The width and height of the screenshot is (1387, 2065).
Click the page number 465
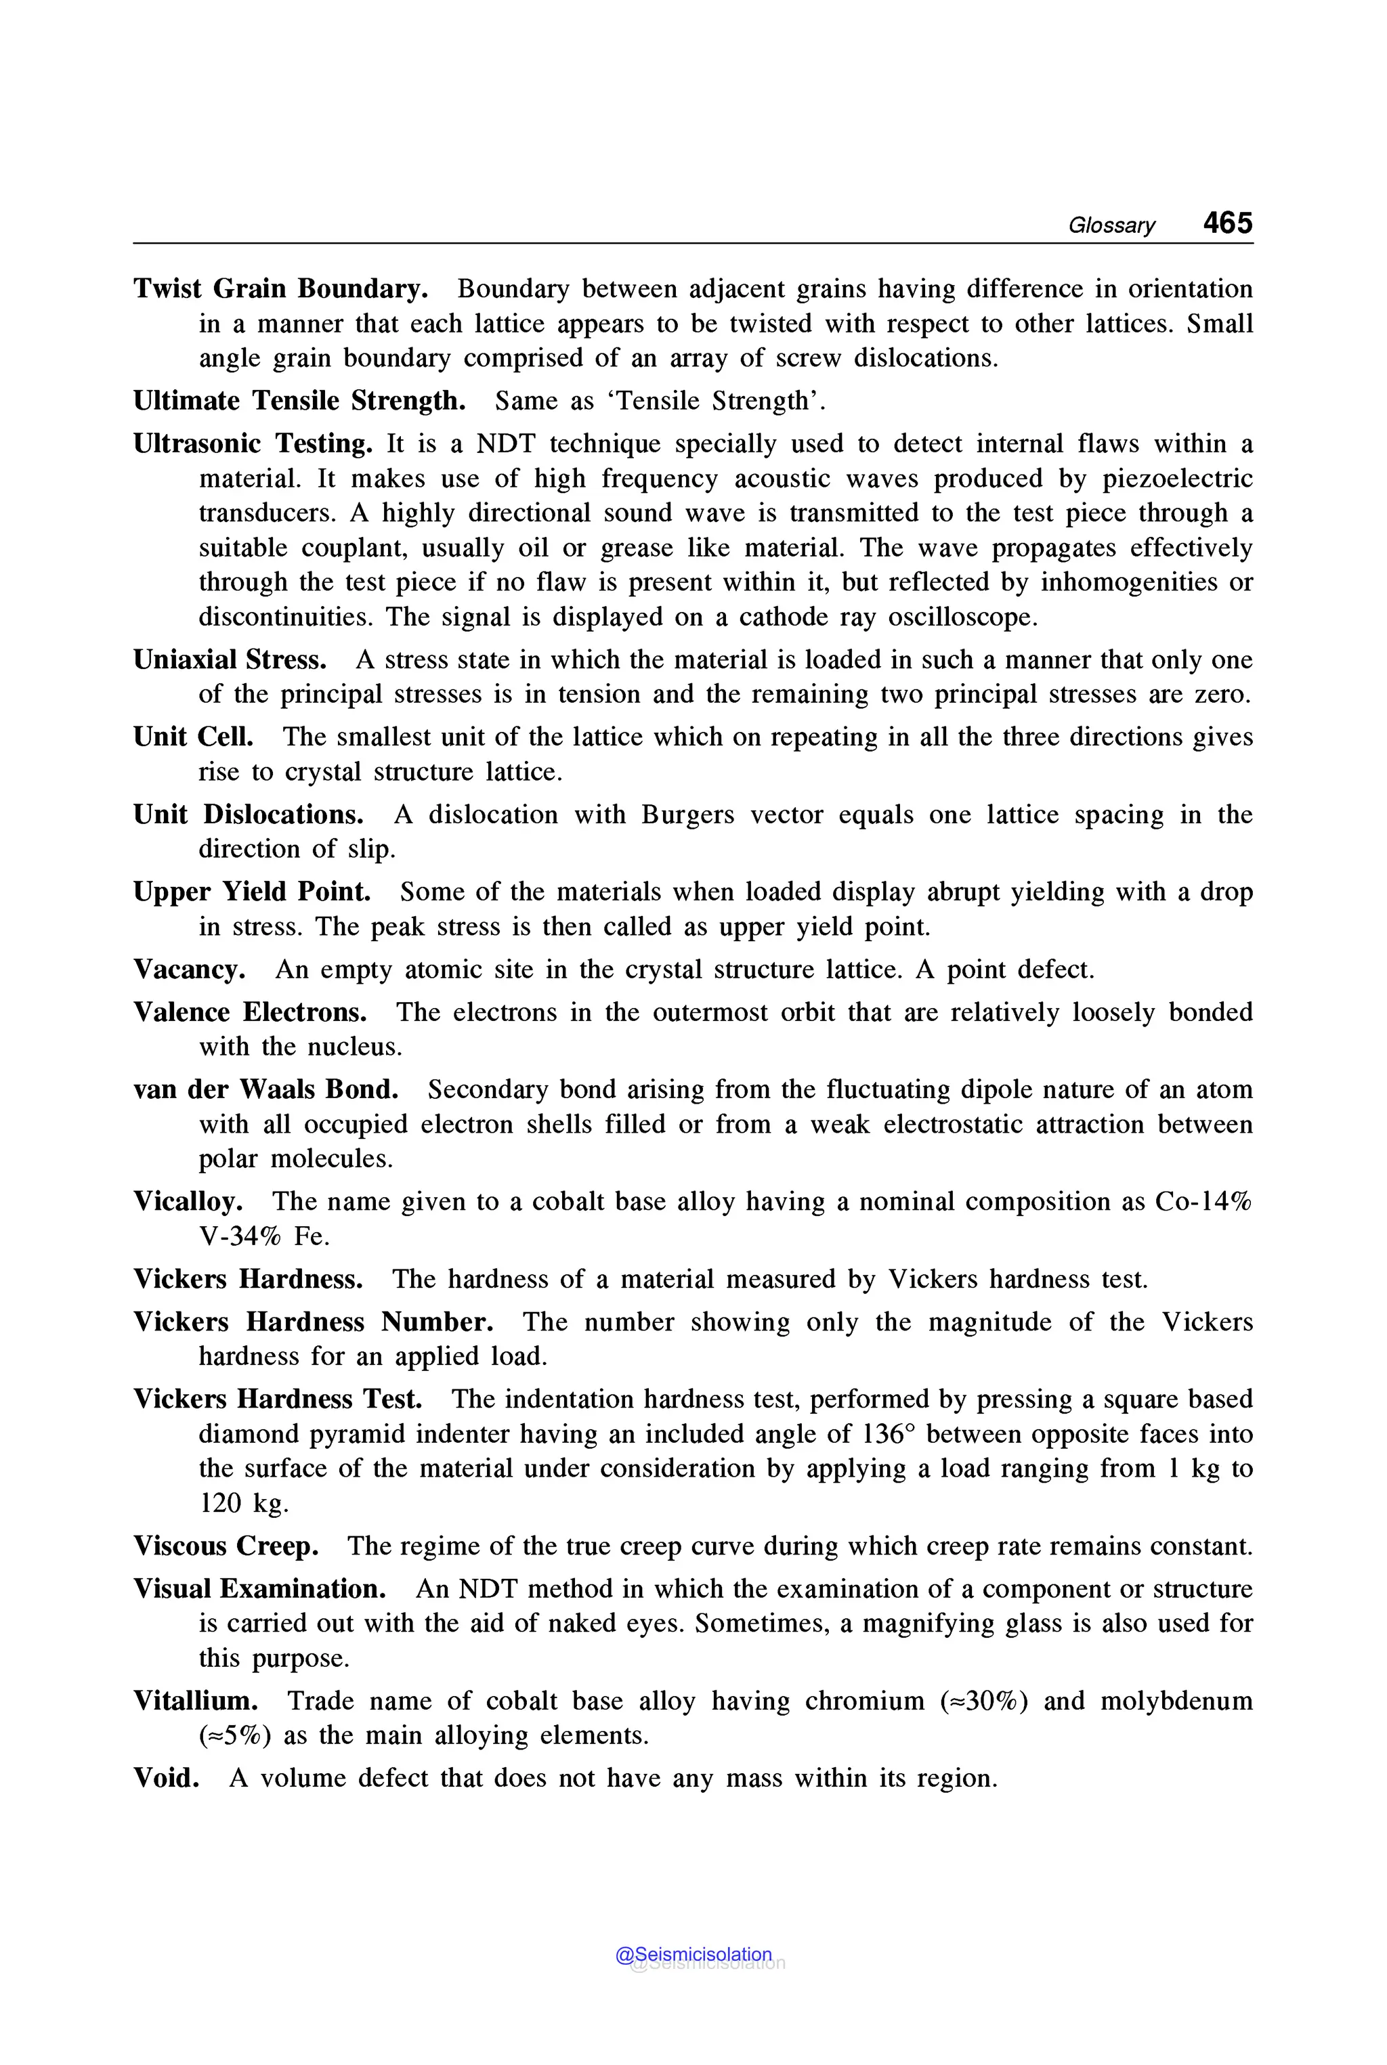(x=1227, y=222)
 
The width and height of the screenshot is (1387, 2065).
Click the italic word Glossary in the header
(x=1111, y=225)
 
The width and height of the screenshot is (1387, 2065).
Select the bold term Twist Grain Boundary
(x=280, y=289)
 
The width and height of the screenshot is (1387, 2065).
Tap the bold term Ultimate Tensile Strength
(x=299, y=401)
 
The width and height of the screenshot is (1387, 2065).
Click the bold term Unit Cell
(x=193, y=737)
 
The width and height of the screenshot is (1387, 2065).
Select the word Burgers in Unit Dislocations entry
(x=687, y=814)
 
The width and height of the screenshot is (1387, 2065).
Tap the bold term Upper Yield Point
(x=252, y=892)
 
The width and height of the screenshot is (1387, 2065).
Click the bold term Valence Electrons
(x=249, y=1012)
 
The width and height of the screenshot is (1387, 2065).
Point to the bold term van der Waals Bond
(x=265, y=1089)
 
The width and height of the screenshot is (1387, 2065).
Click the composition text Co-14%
(x=1203, y=1202)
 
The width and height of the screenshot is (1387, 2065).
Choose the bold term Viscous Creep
(x=226, y=1546)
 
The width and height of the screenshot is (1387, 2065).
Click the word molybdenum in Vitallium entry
(x=1176, y=1701)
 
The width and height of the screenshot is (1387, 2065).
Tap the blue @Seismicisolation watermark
(x=693, y=1955)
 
